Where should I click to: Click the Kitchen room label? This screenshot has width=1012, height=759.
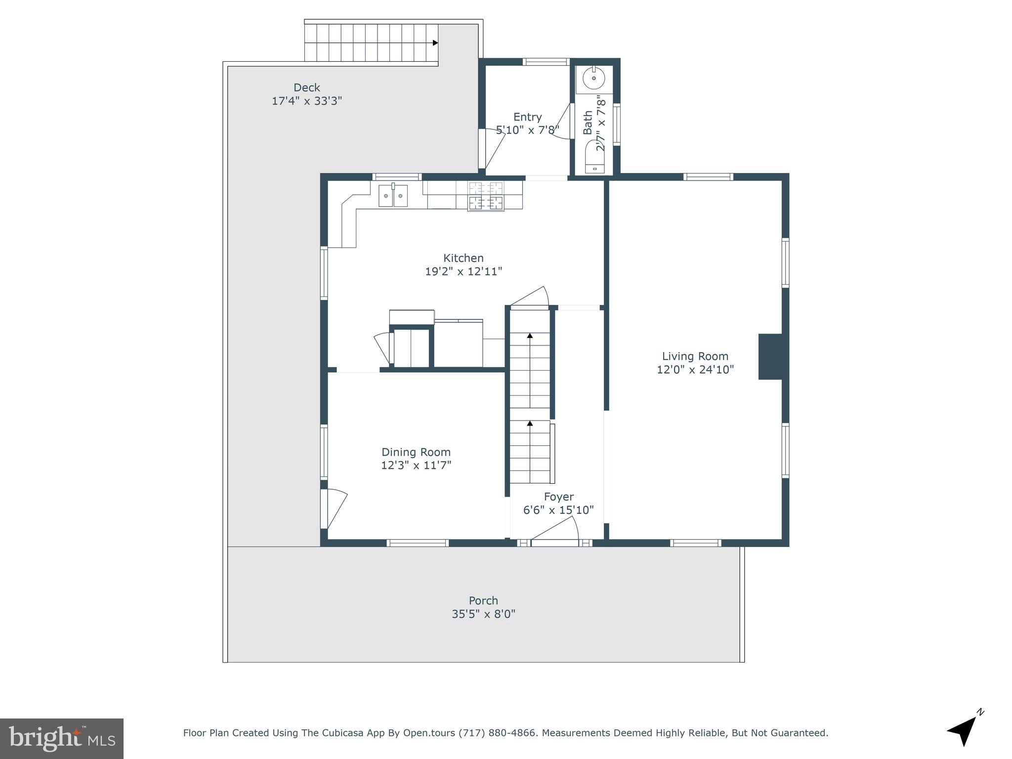(463, 258)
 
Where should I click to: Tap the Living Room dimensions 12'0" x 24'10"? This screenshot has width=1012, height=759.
(695, 370)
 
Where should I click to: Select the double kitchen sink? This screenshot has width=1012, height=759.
(393, 196)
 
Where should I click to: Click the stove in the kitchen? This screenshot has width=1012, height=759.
(486, 196)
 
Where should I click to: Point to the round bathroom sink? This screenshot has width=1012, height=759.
(593, 78)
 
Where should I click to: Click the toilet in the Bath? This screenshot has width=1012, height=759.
(594, 157)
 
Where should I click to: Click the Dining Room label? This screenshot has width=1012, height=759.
(416, 452)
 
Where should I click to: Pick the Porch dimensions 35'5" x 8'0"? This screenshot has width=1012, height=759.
(483, 614)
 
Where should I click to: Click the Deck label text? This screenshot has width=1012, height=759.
(306, 87)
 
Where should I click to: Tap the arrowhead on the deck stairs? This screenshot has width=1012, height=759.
(435, 43)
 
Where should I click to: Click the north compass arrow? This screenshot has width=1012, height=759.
(964, 731)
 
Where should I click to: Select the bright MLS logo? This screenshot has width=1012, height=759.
(61, 738)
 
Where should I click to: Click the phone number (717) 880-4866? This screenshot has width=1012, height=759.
(497, 733)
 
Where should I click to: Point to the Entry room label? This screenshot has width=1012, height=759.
(527, 117)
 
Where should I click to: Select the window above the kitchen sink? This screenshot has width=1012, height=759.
(396, 177)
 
